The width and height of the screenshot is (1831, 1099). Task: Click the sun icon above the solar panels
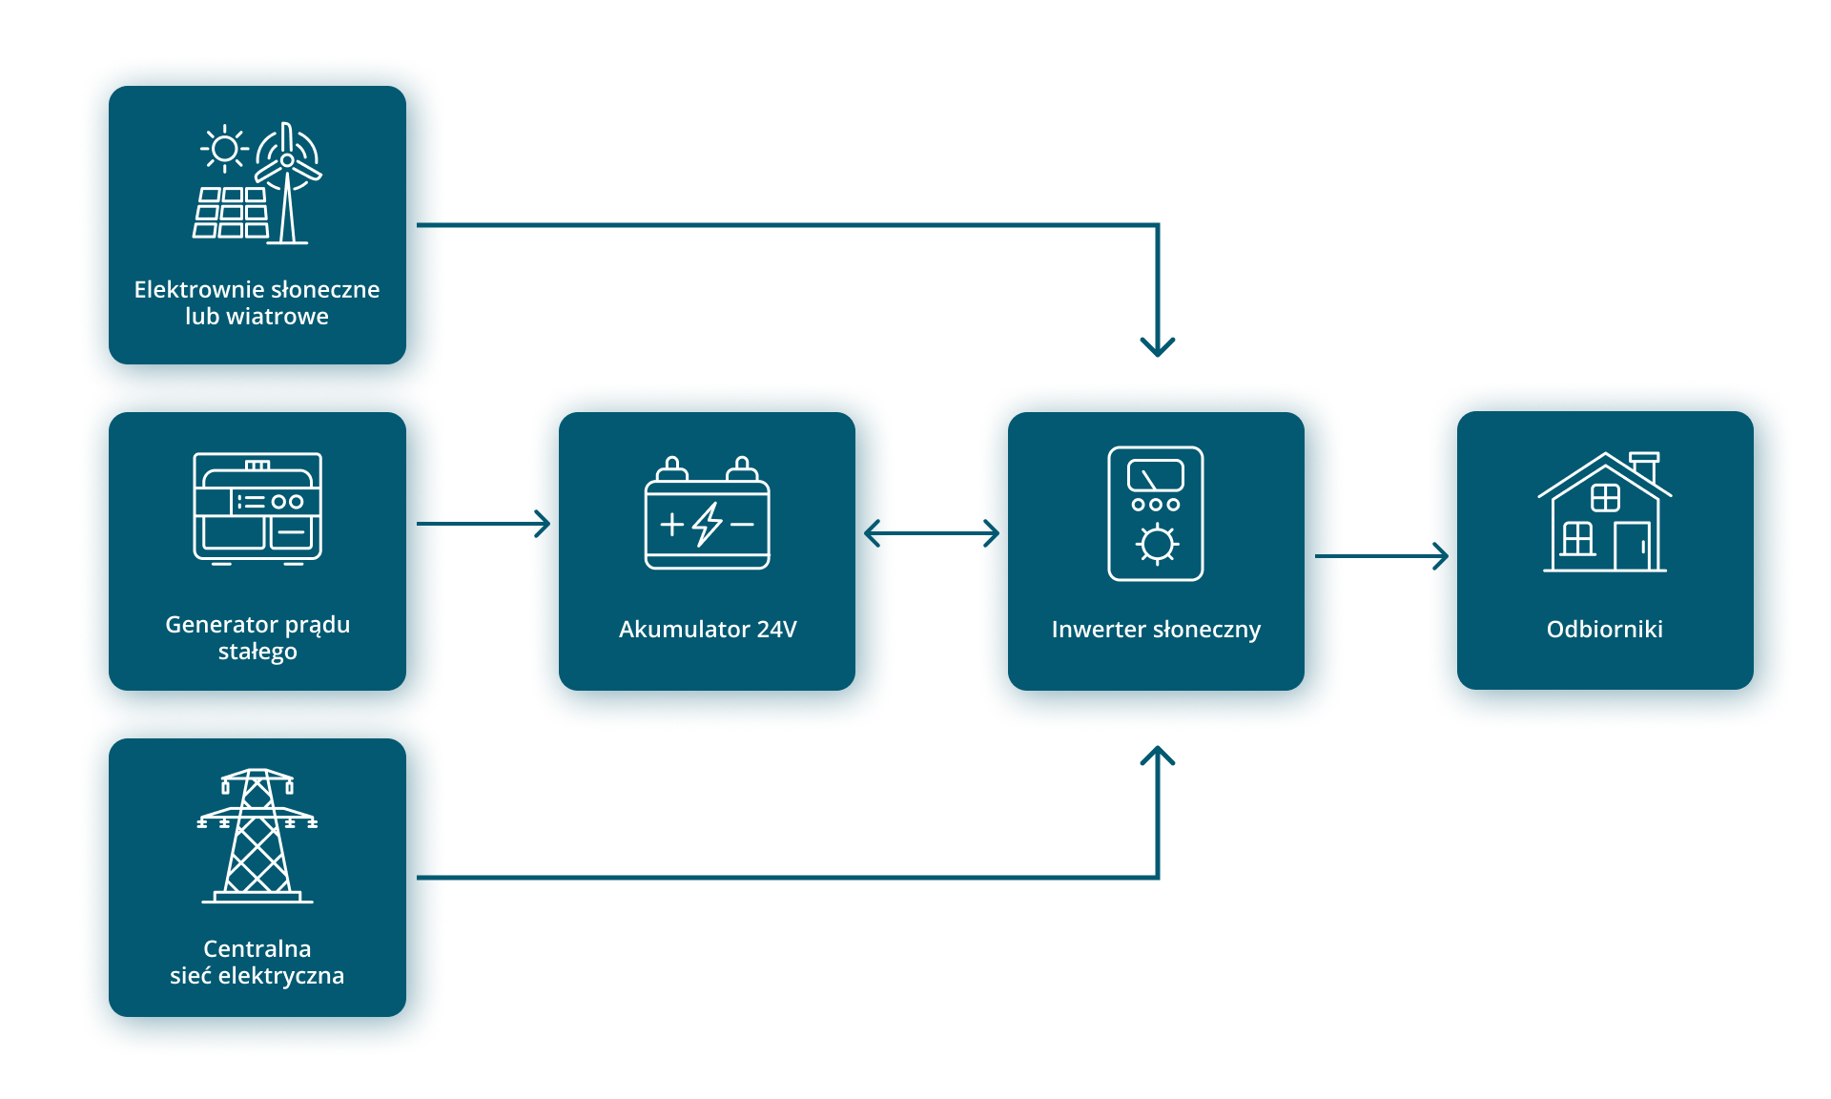224,149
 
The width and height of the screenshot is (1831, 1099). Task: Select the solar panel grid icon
231,213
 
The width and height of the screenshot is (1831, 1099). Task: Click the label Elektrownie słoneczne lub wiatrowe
257,302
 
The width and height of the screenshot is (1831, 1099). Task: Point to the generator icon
257,508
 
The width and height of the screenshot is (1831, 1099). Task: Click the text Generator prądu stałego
257,637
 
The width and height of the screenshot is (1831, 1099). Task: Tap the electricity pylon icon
257,836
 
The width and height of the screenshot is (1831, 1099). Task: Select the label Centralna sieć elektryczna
257,962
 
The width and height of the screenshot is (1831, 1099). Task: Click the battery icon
708,515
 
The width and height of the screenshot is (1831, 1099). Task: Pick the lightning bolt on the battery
708,524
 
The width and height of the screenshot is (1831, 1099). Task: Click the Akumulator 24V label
708,630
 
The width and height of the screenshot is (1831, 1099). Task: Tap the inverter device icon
1156,513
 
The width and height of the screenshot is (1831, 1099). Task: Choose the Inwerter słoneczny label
1156,630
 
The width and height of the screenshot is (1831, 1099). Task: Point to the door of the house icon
1632,547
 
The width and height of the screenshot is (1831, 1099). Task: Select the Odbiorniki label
1605,630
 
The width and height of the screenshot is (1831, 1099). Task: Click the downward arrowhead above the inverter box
1158,346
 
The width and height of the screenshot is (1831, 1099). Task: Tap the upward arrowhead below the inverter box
1158,757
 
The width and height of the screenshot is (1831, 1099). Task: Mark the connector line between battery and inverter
936,533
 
